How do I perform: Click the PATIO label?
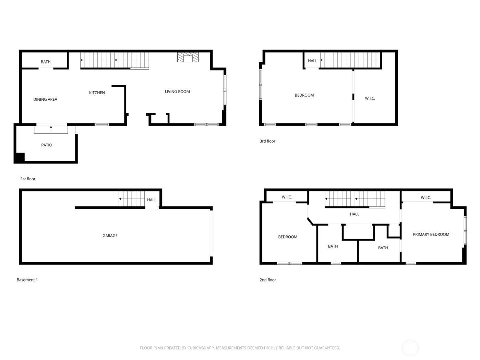click(x=47, y=145)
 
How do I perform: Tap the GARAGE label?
click(x=110, y=236)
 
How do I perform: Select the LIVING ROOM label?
click(x=177, y=92)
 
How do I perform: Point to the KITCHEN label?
click(x=97, y=93)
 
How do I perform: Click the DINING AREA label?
click(x=45, y=99)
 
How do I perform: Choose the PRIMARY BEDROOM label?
click(x=431, y=235)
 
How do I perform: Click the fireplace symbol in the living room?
click(x=188, y=58)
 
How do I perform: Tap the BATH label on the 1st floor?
click(x=46, y=62)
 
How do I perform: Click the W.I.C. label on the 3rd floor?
click(x=370, y=98)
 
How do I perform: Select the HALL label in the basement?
click(x=152, y=200)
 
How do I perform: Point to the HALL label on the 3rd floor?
click(x=312, y=61)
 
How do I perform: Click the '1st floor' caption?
click(x=28, y=179)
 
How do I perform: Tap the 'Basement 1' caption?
click(x=27, y=280)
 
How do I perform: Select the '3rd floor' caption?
click(x=267, y=141)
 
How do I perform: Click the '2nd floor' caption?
click(x=268, y=280)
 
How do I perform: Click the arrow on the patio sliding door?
click(x=51, y=129)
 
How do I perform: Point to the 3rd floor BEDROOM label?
click(x=304, y=95)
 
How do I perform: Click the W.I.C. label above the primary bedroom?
click(x=426, y=197)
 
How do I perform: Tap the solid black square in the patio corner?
click(x=19, y=157)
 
